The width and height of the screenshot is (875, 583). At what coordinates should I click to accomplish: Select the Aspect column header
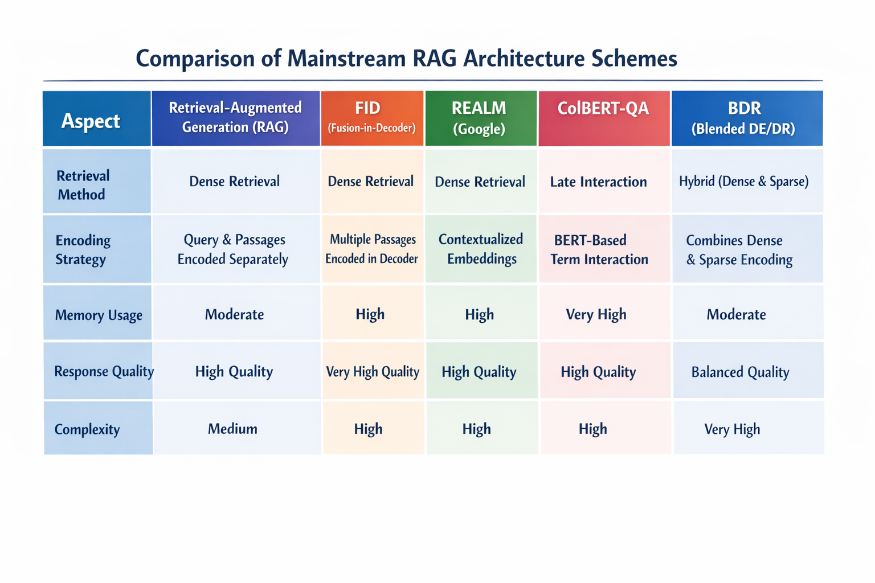pyautogui.click(x=97, y=118)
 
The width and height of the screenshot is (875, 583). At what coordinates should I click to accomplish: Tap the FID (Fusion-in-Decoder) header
pyautogui.click(x=372, y=118)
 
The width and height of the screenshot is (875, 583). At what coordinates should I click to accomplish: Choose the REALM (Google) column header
pyautogui.click(x=481, y=118)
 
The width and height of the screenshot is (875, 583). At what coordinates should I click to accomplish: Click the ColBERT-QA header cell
pyautogui.click(x=604, y=118)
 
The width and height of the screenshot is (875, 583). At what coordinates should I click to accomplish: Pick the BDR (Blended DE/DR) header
pyautogui.click(x=747, y=118)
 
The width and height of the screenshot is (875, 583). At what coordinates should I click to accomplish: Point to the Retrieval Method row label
pyautogui.click(x=97, y=181)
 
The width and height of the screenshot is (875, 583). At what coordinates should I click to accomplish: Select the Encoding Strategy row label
pyautogui.click(x=97, y=249)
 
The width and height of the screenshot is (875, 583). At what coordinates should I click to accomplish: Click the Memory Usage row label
pyautogui.click(x=97, y=313)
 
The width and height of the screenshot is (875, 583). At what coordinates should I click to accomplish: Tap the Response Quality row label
pyautogui.click(x=97, y=371)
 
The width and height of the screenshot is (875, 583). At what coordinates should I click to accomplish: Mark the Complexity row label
pyautogui.click(x=98, y=428)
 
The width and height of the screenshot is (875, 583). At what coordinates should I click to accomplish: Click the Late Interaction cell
pyautogui.click(x=604, y=181)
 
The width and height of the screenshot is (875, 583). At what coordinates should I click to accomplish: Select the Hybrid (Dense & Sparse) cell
pyautogui.click(x=747, y=181)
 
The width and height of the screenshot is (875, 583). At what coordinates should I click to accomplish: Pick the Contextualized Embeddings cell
pyautogui.click(x=481, y=249)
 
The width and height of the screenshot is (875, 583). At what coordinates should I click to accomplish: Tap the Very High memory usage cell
pyautogui.click(x=604, y=313)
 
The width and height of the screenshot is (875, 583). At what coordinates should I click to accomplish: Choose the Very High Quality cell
pyautogui.click(x=373, y=371)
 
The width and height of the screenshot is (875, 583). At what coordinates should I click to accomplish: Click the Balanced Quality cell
pyautogui.click(x=749, y=371)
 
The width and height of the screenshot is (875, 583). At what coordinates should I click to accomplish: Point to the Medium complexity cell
pyautogui.click(x=237, y=428)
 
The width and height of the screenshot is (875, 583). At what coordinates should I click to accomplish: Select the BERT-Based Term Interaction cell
pyautogui.click(x=604, y=249)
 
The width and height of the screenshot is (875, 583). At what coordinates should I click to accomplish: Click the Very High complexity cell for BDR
pyautogui.click(x=749, y=428)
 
